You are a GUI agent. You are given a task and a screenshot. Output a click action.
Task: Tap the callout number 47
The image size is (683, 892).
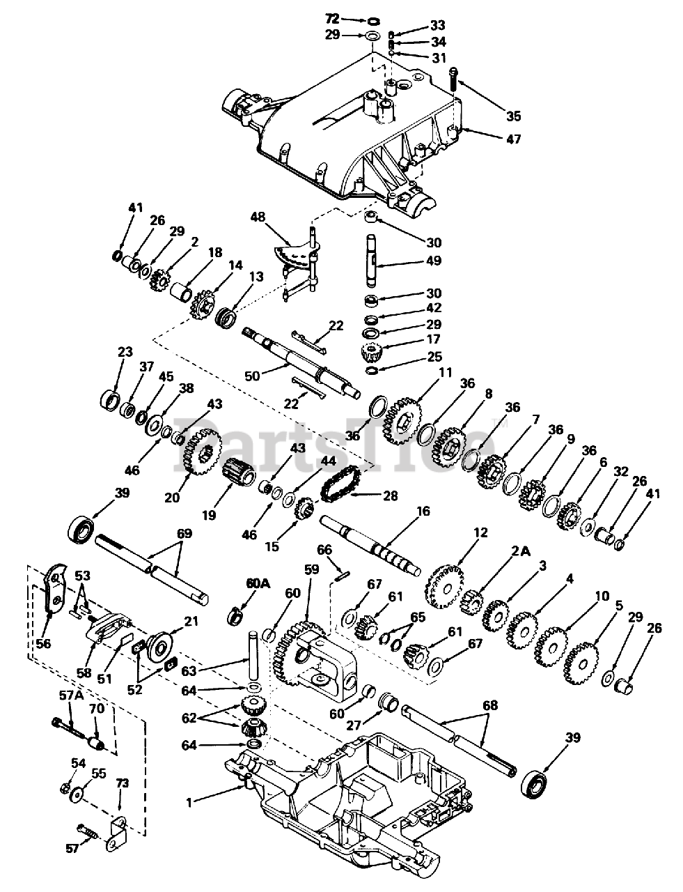click(513, 139)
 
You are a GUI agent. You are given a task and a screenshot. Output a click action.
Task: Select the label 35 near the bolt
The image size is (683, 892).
click(513, 116)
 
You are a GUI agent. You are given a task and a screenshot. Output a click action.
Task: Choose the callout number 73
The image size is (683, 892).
click(122, 784)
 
